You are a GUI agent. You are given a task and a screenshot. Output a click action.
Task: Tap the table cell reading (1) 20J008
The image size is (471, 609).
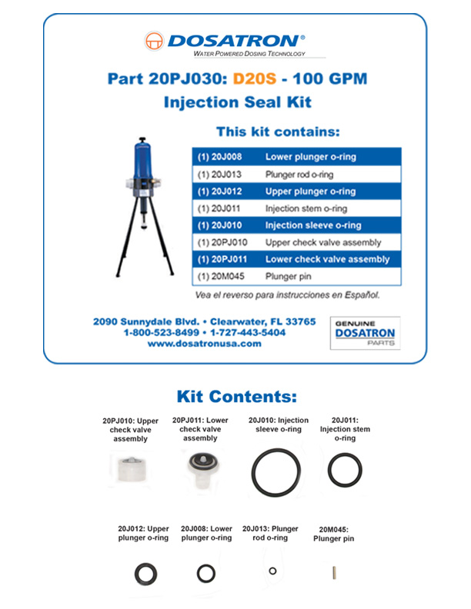click(220, 157)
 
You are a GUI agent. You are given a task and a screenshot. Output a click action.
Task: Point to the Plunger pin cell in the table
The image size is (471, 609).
click(283, 277)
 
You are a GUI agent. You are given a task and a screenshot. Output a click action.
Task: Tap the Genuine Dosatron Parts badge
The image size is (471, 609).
click(366, 333)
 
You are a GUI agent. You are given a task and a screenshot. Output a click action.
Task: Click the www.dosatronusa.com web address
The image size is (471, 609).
click(204, 344)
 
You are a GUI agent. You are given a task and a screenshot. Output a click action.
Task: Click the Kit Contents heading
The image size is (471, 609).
click(236, 398)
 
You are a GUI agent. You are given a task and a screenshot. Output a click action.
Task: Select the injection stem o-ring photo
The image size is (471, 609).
click(344, 469)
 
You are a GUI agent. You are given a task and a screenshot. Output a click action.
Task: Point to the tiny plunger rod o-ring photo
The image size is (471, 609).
click(272, 571)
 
